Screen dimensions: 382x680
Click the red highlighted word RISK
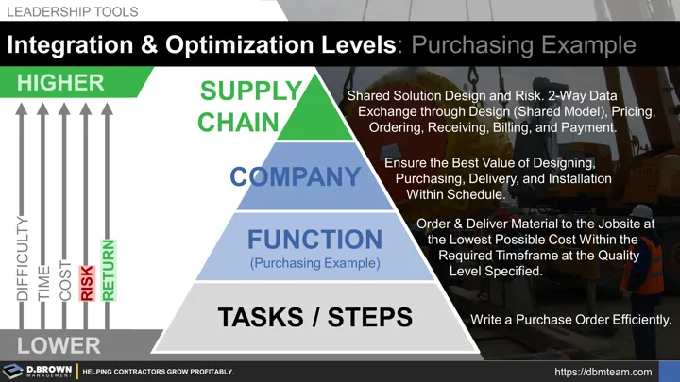coord(87,282)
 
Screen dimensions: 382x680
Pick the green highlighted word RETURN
coord(108,271)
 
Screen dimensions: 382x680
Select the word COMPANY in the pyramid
coord(296,175)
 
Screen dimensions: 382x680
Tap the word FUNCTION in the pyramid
coord(314,239)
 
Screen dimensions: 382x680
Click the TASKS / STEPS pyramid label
coord(315,318)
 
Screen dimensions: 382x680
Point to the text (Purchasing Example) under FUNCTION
coord(314,263)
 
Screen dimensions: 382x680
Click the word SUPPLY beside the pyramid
coord(250,91)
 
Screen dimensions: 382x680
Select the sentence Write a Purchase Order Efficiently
coord(563,320)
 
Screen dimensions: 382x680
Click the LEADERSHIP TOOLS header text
coord(72,12)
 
